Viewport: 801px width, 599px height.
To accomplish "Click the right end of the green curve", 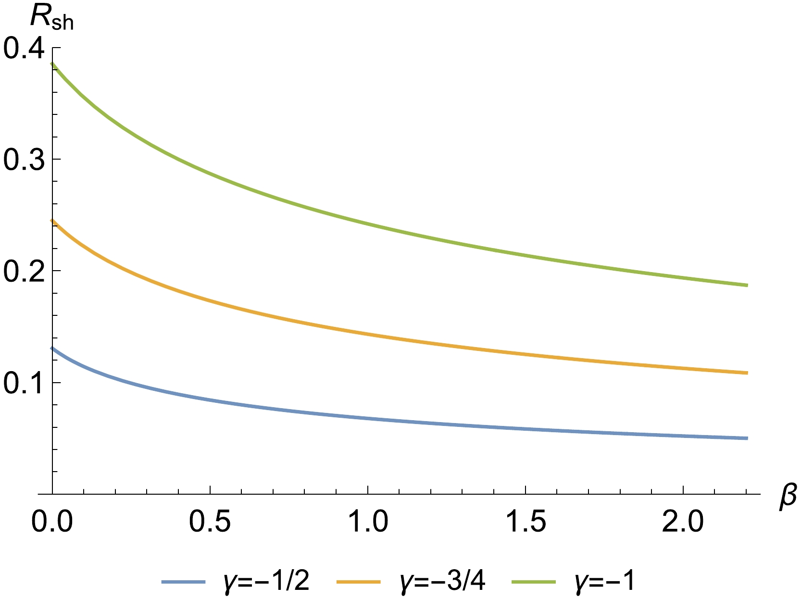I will click(x=747, y=286).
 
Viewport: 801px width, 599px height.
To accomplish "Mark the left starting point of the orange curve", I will click(x=52, y=221).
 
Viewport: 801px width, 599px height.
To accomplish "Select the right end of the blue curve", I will click(x=747, y=438).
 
